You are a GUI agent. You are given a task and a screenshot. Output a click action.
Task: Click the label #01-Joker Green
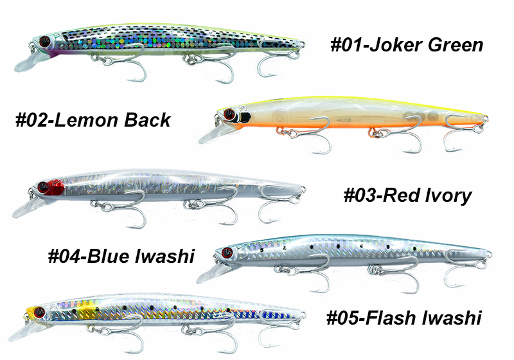406,46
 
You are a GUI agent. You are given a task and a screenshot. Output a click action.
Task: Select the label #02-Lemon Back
93,120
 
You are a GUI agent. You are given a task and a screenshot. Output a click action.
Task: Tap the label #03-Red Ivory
408,195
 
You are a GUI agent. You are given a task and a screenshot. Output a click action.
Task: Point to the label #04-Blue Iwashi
121,256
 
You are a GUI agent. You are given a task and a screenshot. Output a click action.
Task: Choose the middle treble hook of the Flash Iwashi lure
193,337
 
